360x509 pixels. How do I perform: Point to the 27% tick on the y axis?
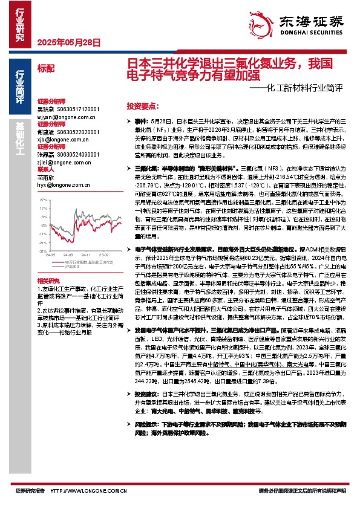[44, 198]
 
